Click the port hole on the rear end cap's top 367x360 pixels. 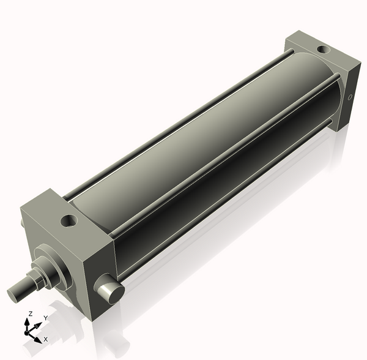(x=321, y=49)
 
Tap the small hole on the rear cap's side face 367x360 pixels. (x=350, y=97)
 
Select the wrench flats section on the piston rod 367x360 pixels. (x=34, y=279)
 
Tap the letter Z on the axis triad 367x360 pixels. (x=30, y=313)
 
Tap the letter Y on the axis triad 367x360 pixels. (x=46, y=318)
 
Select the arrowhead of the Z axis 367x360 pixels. (x=28, y=321)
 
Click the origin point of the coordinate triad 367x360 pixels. (x=28, y=332)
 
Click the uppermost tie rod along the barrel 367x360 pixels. (x=177, y=116)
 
